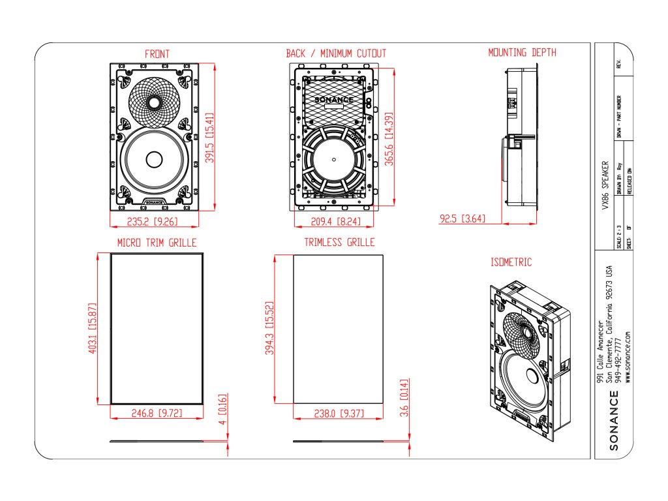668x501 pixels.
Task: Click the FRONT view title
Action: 157,53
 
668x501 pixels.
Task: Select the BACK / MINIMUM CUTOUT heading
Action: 336,53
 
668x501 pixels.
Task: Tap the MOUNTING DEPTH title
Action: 523,52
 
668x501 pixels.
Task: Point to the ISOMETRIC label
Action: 511,262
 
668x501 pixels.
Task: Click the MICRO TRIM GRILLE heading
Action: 157,243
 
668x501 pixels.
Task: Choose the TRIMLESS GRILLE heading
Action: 339,243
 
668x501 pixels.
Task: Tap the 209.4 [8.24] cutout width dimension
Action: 335,221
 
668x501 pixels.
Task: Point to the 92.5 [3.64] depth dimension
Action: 462,219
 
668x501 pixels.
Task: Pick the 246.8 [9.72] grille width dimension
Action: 157,413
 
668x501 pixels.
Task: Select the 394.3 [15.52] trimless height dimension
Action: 269,327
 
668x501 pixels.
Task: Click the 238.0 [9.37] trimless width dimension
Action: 338,413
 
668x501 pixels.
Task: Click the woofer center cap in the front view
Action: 155,160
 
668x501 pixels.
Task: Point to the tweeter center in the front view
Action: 154,102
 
